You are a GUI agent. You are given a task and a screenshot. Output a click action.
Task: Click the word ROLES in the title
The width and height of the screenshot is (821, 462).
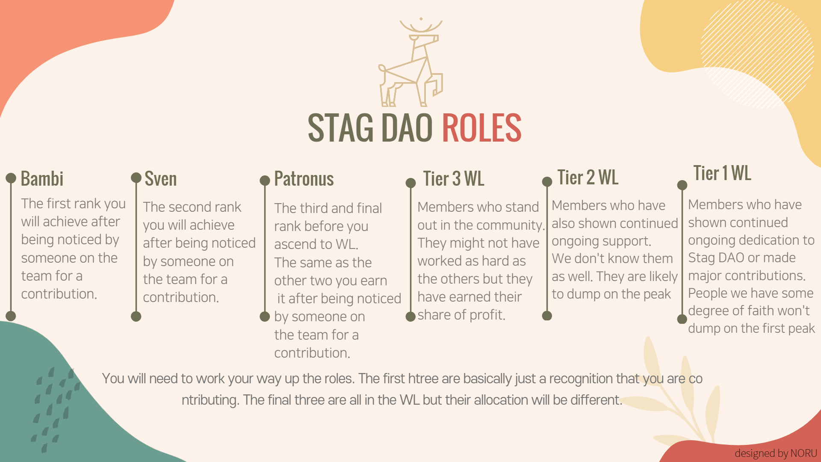pos(481,127)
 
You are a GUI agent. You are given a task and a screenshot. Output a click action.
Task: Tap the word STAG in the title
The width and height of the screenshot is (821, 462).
pos(341,127)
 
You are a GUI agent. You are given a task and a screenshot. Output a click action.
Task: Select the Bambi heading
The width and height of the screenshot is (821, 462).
pos(42,179)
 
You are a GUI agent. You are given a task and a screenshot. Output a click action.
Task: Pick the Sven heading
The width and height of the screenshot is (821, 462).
pos(160,179)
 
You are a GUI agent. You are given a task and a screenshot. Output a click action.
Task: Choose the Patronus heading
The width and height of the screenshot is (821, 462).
pos(304,179)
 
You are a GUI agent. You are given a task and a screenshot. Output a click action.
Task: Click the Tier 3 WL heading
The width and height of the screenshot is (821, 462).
pos(453,179)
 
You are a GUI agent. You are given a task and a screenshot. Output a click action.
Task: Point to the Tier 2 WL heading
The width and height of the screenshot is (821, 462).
pos(588,177)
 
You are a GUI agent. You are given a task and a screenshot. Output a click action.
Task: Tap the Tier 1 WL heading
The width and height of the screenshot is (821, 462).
pos(722,173)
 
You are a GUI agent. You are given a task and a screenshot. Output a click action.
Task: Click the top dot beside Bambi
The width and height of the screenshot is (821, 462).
pos(11,178)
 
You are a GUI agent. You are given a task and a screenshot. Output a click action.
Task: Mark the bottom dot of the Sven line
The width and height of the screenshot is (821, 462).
pos(136,317)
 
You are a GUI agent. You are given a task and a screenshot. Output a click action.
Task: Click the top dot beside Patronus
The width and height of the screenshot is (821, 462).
pos(265,180)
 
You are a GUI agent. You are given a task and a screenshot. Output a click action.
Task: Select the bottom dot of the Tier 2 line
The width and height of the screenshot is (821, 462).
pos(547,316)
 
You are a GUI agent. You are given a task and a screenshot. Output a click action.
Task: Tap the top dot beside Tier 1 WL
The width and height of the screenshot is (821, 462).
pos(682,185)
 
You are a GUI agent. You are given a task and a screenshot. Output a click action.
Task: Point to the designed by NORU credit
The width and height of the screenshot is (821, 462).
pos(776,453)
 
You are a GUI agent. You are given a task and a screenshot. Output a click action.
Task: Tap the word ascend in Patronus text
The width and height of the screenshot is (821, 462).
pos(297,244)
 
